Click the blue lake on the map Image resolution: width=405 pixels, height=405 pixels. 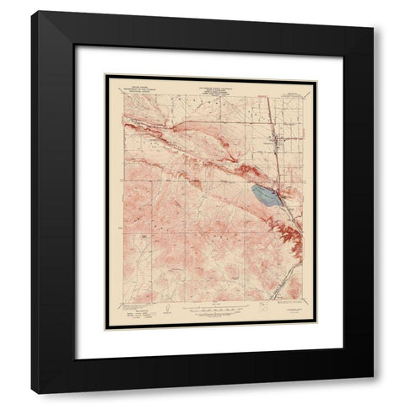[267, 197]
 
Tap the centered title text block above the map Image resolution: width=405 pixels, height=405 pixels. [210, 84]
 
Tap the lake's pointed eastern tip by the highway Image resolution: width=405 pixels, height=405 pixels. [284, 201]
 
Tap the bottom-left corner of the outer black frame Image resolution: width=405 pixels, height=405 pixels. [32, 393]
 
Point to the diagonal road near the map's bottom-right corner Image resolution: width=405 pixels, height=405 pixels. [287, 283]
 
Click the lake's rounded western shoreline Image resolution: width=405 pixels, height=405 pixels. [253, 193]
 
